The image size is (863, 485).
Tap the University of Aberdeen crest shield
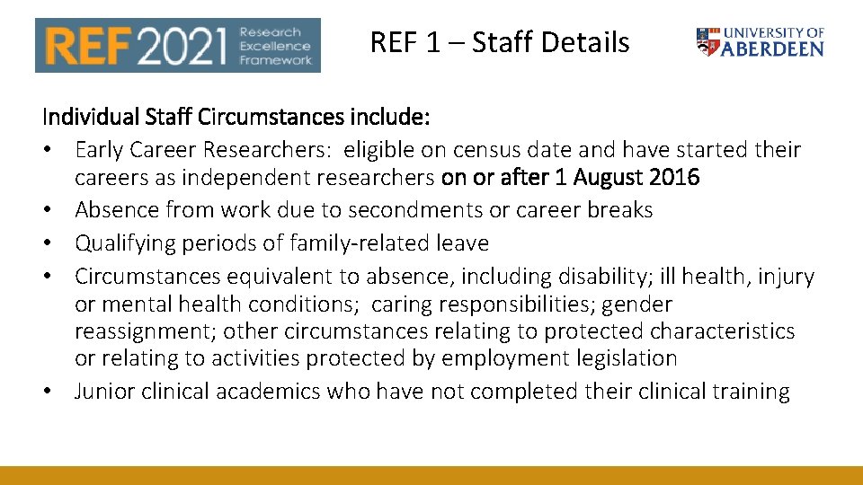point(707,41)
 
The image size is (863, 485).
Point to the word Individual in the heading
point(85,118)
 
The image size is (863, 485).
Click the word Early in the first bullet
point(101,149)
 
